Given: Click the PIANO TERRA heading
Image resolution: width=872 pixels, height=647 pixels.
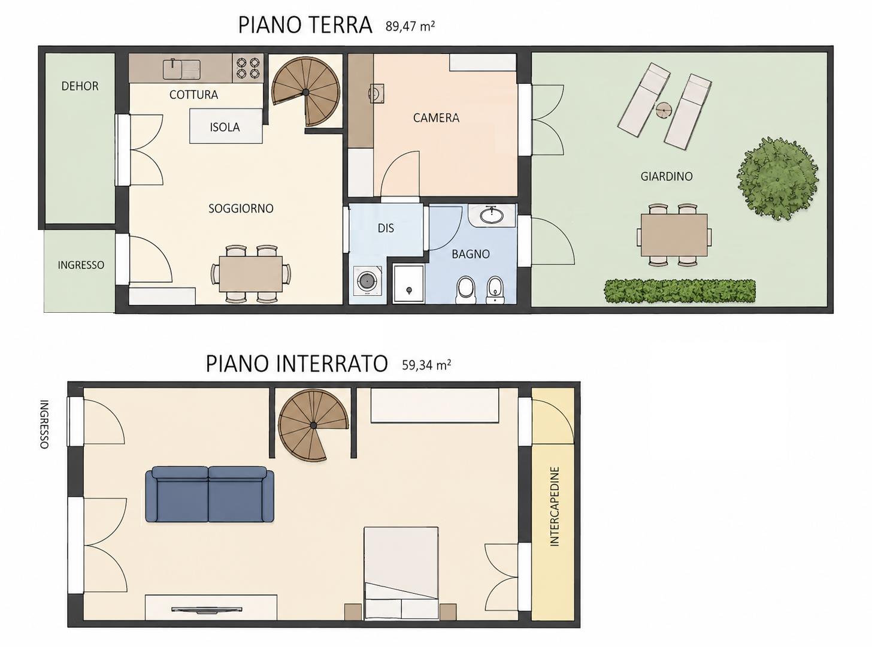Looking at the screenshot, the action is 305,25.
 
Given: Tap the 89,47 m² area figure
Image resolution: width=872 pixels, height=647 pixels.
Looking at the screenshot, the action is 410,26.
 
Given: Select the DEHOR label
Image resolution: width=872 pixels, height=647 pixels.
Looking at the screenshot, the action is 80,86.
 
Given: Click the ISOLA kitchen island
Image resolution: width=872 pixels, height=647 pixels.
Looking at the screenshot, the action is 226,126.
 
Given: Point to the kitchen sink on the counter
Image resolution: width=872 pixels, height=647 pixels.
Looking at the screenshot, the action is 181,69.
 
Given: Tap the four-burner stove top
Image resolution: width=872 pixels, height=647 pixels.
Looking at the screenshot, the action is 247,67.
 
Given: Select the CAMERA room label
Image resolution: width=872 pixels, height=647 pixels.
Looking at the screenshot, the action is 436,117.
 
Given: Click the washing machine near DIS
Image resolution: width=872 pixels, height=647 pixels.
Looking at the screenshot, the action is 368,281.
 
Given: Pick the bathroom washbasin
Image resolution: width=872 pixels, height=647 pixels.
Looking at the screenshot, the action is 491,216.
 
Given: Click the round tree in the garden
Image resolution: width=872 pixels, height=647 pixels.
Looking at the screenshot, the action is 777,179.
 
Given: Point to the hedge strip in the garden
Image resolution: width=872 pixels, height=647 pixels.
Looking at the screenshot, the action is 680,291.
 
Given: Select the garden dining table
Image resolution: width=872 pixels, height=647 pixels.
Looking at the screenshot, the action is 674,235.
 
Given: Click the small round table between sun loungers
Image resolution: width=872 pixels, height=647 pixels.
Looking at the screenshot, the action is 664,110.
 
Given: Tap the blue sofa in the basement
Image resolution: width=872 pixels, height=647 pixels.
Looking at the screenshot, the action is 210,494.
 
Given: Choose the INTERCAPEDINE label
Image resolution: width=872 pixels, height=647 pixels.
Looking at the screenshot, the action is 554,507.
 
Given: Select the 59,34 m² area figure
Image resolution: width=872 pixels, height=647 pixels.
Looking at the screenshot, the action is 426,365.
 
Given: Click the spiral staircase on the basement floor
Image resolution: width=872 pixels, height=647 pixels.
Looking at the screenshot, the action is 313,425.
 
